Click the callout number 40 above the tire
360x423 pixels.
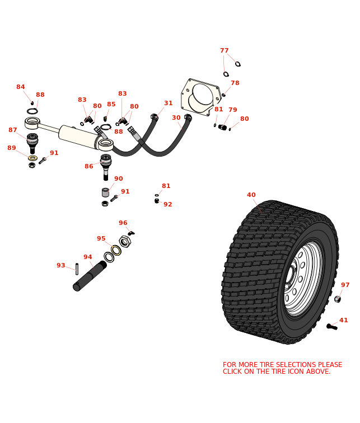(x=251, y=195)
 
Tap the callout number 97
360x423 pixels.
(x=345, y=285)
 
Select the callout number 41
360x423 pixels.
(x=343, y=321)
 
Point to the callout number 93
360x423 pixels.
(x=60, y=266)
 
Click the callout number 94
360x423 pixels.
(x=87, y=257)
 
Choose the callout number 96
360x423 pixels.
(x=123, y=223)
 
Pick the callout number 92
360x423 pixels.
(x=167, y=205)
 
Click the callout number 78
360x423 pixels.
(x=235, y=83)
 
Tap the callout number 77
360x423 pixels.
(x=224, y=51)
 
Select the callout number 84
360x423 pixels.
(x=20, y=87)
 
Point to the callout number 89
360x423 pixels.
(x=12, y=148)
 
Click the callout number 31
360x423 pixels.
(x=168, y=104)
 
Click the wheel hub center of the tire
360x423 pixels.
(x=289, y=275)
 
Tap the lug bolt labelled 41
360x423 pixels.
(x=332, y=327)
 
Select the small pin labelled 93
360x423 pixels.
(x=77, y=269)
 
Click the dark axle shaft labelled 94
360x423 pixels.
(x=90, y=275)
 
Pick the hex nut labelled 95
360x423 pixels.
(x=125, y=242)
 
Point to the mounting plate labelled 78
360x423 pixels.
(x=200, y=97)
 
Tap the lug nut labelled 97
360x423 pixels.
(x=337, y=299)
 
